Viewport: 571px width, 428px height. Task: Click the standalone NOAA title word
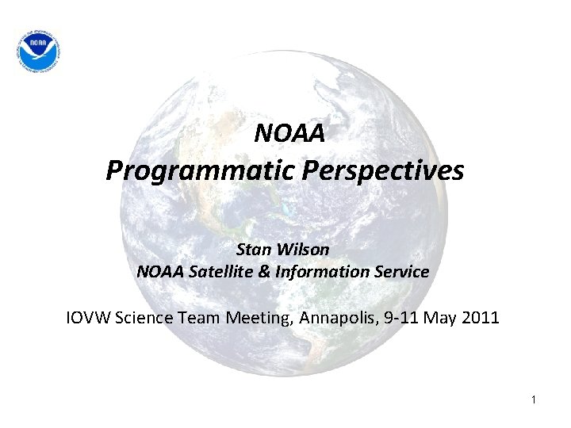click(x=289, y=134)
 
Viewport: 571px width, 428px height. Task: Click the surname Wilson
click(x=305, y=248)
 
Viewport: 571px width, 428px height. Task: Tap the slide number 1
click(x=534, y=400)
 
